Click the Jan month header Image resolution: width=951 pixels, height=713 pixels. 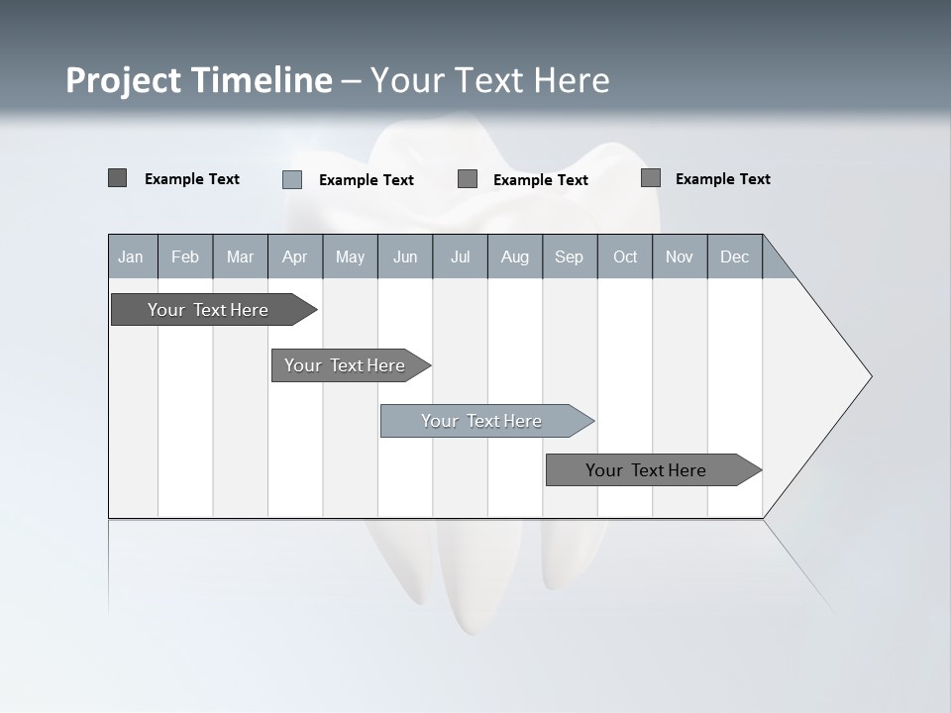132,256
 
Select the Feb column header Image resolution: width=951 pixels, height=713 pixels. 185,256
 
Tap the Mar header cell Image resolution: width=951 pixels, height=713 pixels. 240,256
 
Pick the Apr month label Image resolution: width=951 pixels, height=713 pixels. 295,256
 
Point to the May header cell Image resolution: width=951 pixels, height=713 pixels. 350,256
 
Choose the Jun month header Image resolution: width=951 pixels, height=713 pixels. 405,256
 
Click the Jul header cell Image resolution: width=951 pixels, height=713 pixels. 460,256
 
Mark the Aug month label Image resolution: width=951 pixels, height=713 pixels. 515,256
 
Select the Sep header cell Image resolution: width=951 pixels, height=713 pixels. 570,256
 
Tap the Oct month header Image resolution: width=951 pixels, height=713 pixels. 625,256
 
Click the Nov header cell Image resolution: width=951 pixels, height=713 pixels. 680,256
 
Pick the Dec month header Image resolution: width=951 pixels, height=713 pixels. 735,256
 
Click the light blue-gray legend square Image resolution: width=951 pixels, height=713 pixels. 292,179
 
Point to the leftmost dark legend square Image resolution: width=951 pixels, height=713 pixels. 117,178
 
